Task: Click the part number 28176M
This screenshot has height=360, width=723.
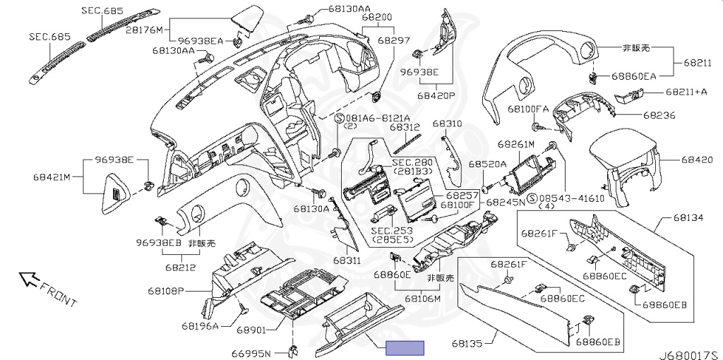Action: click(x=145, y=30)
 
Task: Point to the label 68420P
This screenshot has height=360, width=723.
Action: click(x=436, y=95)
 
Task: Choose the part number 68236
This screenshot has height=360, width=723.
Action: click(x=658, y=114)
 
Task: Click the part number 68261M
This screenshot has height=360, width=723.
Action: click(x=516, y=143)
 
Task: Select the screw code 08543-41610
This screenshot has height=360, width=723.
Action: click(x=572, y=198)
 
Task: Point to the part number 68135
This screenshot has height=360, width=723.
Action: click(x=467, y=344)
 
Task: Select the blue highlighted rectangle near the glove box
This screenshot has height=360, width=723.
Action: click(x=405, y=347)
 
